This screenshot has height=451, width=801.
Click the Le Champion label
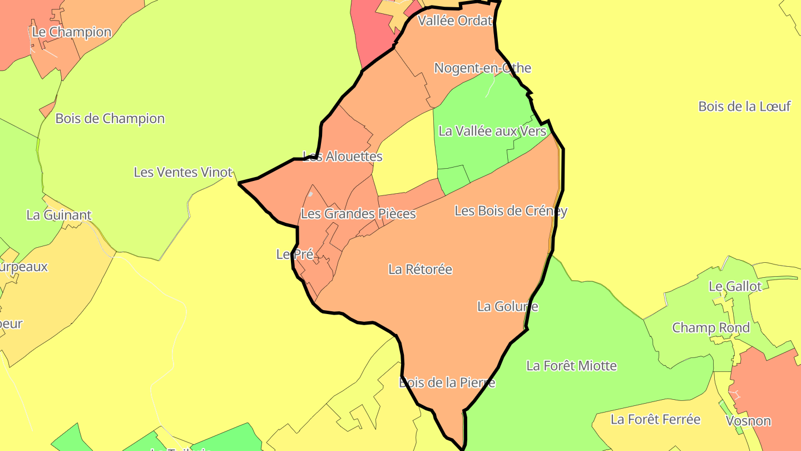(x=72, y=32)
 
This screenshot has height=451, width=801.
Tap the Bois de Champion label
(x=110, y=119)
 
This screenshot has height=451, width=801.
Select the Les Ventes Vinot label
(x=183, y=172)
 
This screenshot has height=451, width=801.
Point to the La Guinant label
(x=59, y=215)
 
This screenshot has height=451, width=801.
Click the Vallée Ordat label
(x=455, y=21)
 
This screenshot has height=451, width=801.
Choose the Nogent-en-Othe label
(x=482, y=68)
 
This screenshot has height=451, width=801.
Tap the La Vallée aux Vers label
(x=492, y=131)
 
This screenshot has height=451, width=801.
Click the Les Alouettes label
(x=343, y=156)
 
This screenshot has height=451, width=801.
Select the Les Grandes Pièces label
(x=358, y=213)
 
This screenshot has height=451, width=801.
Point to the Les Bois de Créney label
(x=511, y=210)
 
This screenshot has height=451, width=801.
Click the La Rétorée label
(x=420, y=269)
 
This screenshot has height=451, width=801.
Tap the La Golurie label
(x=507, y=306)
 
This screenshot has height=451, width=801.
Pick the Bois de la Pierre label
(x=447, y=383)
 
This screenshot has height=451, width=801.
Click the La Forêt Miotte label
(x=571, y=366)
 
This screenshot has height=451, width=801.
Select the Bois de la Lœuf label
(x=744, y=106)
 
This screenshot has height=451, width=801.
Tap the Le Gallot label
(x=735, y=286)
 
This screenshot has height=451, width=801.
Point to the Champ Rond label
(x=711, y=327)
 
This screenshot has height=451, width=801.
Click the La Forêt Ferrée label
(x=655, y=419)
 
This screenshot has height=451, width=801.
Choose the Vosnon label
(x=748, y=420)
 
